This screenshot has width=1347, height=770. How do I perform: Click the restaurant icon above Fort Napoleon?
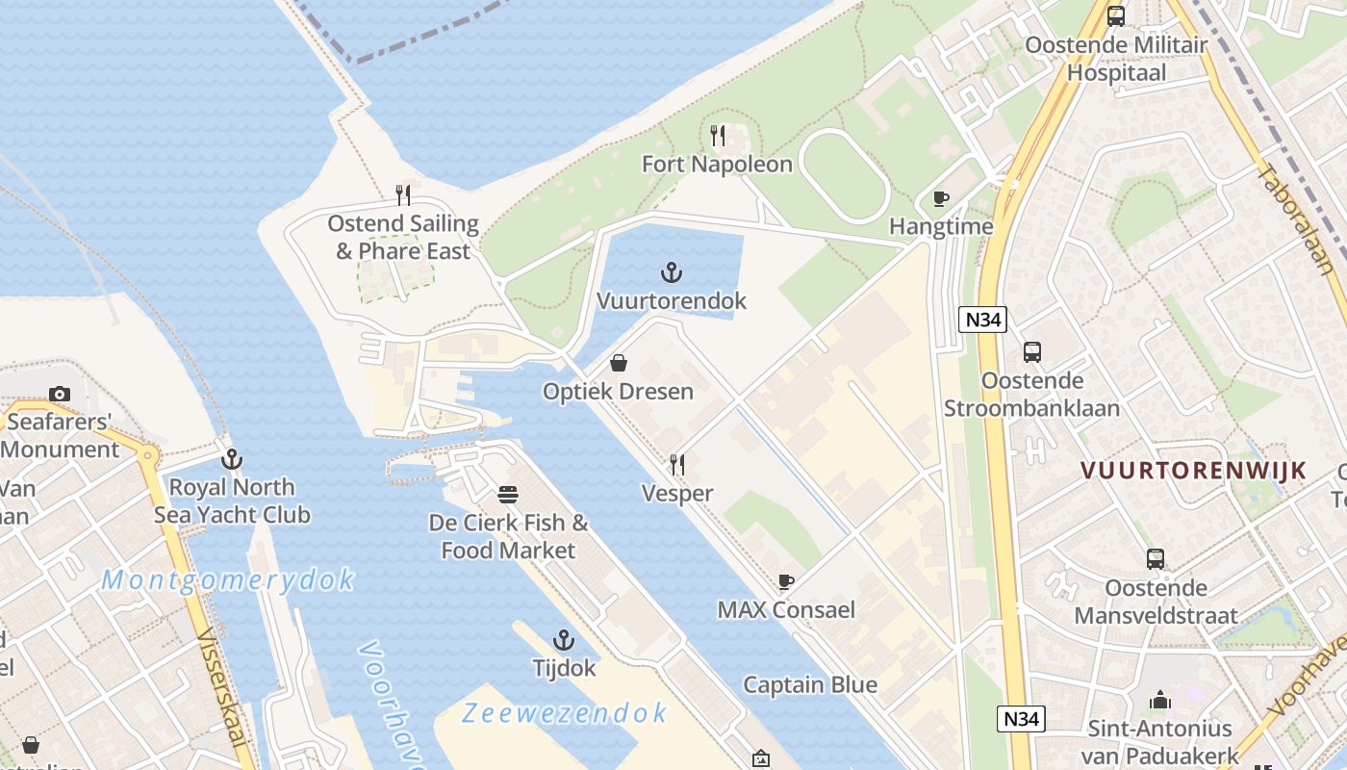pos(718,136)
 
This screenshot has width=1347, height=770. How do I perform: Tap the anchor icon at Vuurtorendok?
pos(672,273)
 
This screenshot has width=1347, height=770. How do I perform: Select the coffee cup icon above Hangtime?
pos(941,199)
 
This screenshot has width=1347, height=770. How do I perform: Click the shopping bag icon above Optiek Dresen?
pos(619,363)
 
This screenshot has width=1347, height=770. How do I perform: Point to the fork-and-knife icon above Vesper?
pos(677,465)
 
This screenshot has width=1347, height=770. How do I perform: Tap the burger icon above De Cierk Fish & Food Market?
pos(508,495)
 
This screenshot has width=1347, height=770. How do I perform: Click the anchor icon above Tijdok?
pos(564,640)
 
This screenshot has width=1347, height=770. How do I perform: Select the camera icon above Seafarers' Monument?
pos(60,394)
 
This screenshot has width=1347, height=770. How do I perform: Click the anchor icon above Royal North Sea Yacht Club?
pos(231,459)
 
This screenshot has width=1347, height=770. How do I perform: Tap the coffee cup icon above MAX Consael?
pos(786,581)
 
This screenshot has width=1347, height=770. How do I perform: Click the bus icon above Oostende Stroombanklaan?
pos(1032,352)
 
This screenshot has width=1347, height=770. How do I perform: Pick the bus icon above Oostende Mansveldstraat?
pos(1156,559)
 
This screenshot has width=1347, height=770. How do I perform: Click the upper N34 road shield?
pos(982,320)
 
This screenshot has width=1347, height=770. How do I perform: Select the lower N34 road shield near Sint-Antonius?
pos(1021,718)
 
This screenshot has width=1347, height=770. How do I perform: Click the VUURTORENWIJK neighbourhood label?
pos(1193,471)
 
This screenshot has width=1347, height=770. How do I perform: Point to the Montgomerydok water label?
pos(228,580)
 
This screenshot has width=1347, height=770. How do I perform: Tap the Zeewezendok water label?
pos(564,713)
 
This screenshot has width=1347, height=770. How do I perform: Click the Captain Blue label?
pos(810,685)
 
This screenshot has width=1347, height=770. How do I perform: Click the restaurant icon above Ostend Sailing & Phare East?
pos(404,195)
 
